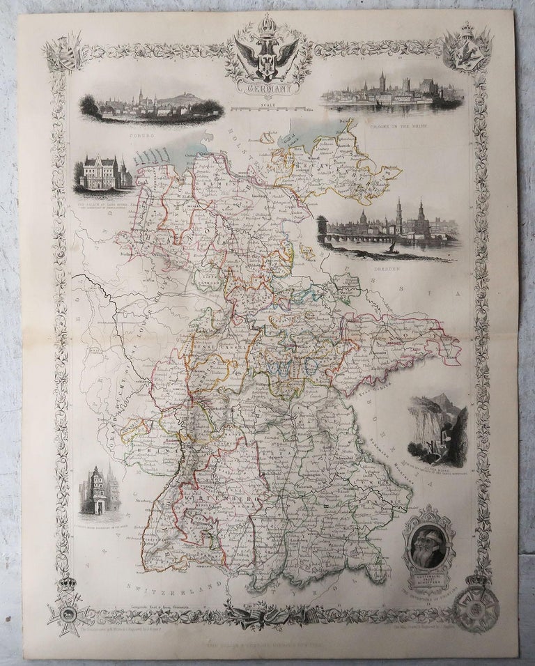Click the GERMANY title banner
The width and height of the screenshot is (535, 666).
click(x=267, y=88)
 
